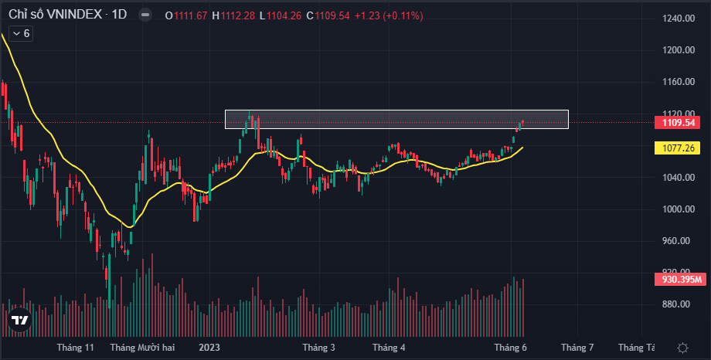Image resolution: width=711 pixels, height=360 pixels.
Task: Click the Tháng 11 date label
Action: [75, 348]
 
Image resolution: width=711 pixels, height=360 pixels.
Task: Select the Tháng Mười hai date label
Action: [142, 348]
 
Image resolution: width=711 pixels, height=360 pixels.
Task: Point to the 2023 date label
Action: [210, 348]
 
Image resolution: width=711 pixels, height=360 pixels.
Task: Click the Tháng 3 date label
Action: [318, 348]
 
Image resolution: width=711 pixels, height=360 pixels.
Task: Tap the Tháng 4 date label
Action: [389, 348]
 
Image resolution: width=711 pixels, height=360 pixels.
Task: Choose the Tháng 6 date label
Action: [511, 348]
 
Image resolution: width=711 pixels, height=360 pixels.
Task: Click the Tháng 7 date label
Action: [577, 348]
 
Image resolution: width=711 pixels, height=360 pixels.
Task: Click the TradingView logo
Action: [20, 320]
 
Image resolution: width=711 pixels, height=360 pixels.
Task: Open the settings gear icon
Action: [682, 348]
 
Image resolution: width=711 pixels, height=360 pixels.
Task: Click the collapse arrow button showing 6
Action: [20, 33]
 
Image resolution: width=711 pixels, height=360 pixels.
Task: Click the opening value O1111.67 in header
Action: [185, 15]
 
